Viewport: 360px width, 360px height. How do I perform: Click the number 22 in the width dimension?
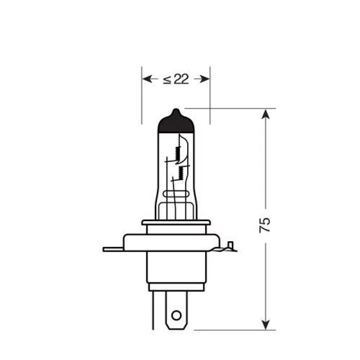click(181, 79)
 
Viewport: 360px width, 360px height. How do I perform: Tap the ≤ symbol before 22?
click(167, 80)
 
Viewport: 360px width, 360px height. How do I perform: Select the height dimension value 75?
click(265, 225)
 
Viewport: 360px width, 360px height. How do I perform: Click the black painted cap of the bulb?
click(176, 124)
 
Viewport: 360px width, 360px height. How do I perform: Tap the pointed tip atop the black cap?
click(176, 110)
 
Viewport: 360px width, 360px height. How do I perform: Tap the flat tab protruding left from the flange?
click(112, 248)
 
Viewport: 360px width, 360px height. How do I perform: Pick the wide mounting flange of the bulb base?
click(176, 242)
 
